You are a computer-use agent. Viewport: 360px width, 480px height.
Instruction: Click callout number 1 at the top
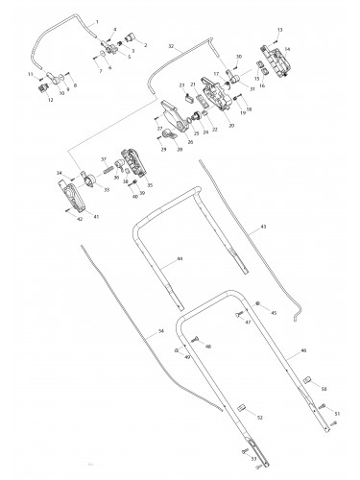point(97,21)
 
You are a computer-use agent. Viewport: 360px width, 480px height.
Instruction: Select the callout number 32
point(172,45)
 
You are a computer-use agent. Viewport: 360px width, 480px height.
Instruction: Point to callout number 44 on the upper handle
point(180,259)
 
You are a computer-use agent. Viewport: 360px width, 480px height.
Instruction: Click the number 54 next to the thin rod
point(160,330)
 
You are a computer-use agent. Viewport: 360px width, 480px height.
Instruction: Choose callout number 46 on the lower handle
point(303,353)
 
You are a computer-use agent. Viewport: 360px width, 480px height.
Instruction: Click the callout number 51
point(337,413)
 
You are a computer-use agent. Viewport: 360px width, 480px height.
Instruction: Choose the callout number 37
point(104,160)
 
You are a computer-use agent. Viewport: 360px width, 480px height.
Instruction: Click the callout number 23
point(180,85)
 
